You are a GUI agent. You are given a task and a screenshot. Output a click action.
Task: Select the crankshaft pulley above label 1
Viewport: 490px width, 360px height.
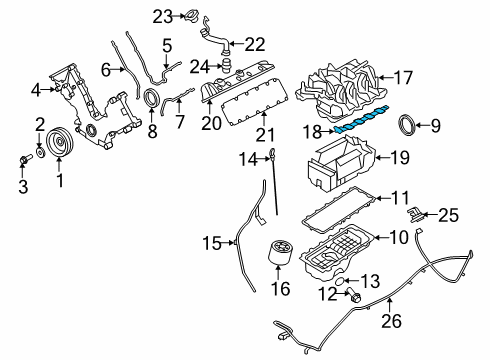(x=60, y=142)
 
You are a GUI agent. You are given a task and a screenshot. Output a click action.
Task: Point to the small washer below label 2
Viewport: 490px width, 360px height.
(x=41, y=153)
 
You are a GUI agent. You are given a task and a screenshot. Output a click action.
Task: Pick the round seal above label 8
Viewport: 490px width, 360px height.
(x=152, y=98)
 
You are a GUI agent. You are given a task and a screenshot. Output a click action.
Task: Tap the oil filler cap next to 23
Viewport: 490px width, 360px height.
(x=191, y=16)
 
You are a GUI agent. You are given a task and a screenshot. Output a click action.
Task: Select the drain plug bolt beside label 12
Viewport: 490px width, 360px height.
(x=354, y=295)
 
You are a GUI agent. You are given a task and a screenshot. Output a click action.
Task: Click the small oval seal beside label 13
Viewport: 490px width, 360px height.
(x=338, y=281)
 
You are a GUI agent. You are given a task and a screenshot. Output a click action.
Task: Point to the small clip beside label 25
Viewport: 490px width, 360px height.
(x=416, y=214)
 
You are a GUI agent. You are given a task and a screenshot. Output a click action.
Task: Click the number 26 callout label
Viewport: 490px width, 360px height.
(x=392, y=321)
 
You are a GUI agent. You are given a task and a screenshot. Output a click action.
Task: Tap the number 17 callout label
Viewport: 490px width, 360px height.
(x=403, y=78)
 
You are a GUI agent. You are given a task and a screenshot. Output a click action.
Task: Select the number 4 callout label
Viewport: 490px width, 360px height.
(x=36, y=90)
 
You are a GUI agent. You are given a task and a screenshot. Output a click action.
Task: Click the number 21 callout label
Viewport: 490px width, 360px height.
(x=265, y=134)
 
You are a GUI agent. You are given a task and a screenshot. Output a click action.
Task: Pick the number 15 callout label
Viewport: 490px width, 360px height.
(x=212, y=243)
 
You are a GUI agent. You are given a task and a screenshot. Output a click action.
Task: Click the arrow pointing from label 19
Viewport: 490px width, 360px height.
(x=382, y=157)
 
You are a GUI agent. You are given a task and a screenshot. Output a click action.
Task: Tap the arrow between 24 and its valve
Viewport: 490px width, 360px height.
(x=216, y=66)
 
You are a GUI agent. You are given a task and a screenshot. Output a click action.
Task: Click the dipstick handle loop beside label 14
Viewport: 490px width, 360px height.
(x=272, y=153)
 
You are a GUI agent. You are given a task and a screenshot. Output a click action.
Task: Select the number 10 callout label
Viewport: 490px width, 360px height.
(x=398, y=237)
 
